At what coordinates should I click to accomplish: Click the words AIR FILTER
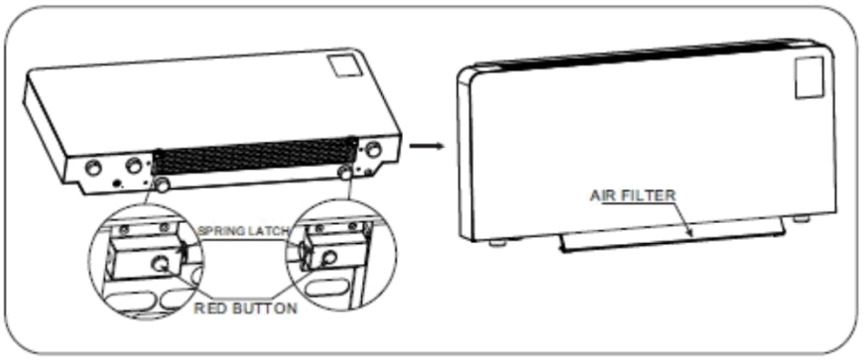click(x=633, y=195)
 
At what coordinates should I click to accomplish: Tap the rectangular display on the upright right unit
click(x=808, y=77)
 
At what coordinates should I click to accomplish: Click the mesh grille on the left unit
click(x=253, y=160)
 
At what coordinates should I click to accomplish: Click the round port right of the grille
click(x=373, y=149)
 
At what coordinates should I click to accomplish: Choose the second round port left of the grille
click(x=131, y=166)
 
